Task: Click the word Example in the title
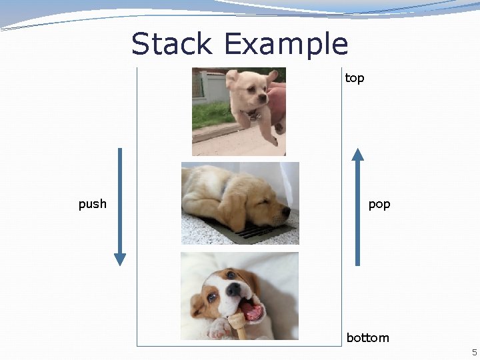[x=286, y=45]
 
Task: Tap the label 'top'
[x=355, y=79]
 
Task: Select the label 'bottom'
[x=367, y=338]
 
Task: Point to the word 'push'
[x=93, y=204]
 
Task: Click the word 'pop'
[x=379, y=204]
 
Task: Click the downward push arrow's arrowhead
[x=120, y=259]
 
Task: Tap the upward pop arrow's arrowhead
[x=358, y=155]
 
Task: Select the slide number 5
[x=475, y=352]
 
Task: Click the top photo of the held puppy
[x=239, y=111]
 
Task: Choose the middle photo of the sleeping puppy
[x=240, y=203]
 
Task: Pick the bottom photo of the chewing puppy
[x=239, y=295]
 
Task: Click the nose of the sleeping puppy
[x=287, y=212]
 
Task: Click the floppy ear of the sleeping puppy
[x=237, y=207]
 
